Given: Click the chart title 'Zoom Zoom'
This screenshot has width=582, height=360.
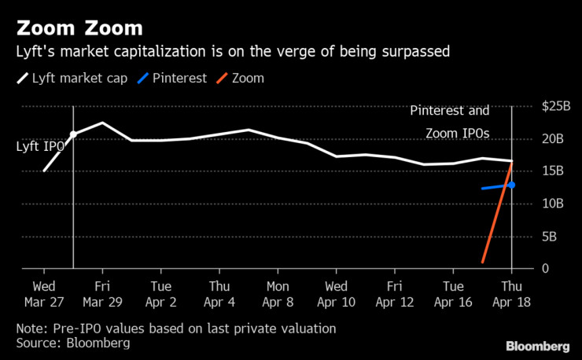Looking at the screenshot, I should click(x=79, y=29).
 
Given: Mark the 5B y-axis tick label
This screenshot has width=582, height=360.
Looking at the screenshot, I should click(x=551, y=236).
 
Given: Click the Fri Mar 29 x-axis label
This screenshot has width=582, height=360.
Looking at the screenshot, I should click(x=101, y=294).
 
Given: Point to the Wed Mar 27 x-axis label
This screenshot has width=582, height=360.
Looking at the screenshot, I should click(x=43, y=294).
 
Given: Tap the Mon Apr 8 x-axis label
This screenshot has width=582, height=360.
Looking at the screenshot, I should click(x=278, y=294).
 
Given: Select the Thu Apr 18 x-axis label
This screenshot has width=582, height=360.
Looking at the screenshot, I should click(x=512, y=294).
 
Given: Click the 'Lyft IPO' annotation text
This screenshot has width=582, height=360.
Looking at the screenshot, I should click(x=40, y=146).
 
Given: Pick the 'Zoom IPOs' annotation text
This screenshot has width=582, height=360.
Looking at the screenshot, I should click(x=458, y=133).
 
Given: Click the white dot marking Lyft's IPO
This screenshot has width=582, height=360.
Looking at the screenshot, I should click(x=73, y=134).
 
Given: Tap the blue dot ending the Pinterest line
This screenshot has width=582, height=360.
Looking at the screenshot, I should click(x=511, y=185).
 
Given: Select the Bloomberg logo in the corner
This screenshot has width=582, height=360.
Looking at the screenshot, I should click(x=538, y=347).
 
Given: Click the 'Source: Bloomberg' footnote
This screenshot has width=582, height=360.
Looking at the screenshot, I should click(x=72, y=343).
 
